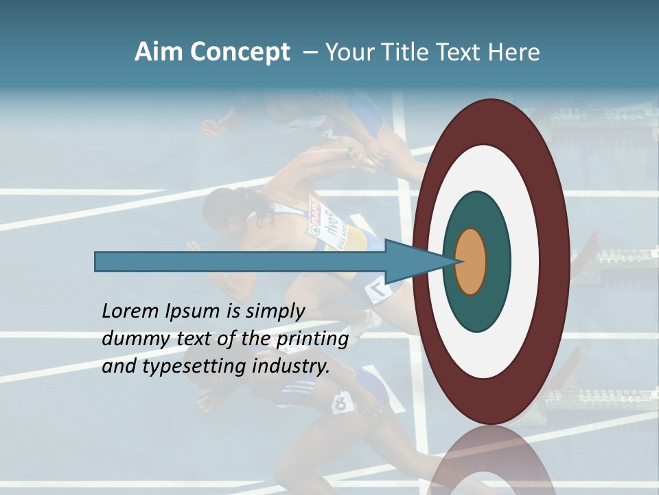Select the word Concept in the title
tap(240, 52)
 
